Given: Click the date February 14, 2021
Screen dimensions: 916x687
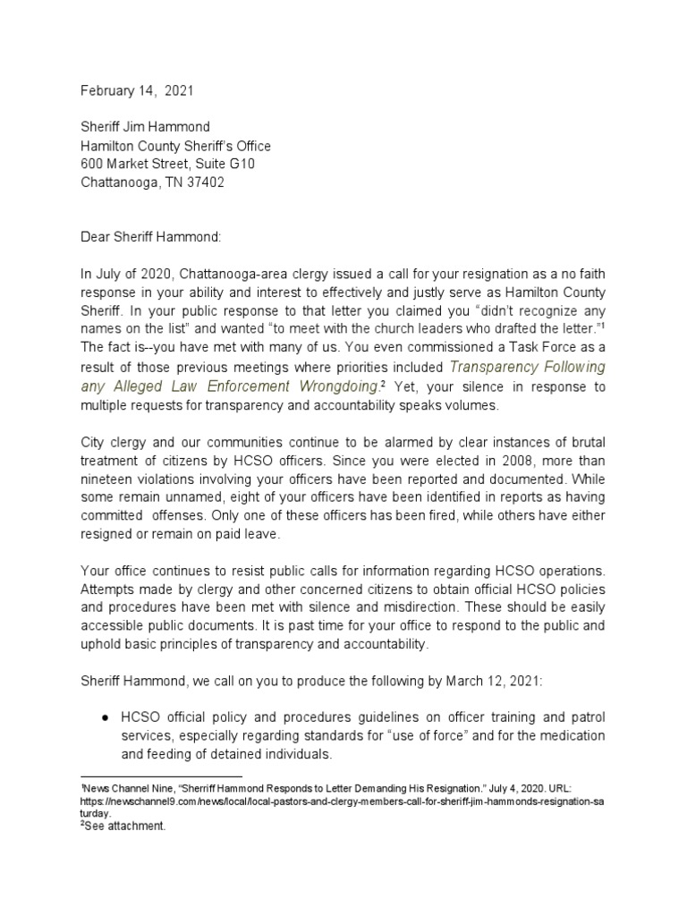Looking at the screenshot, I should [136, 90].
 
